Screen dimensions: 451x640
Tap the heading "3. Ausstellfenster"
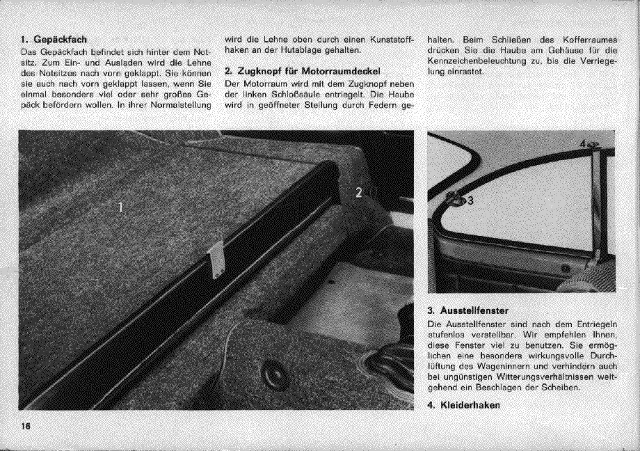pyautogui.click(x=470, y=310)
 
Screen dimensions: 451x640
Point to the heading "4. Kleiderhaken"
pyautogui.click(x=465, y=406)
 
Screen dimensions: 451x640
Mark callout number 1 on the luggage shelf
pyautogui.click(x=120, y=206)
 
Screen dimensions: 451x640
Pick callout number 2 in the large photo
pyautogui.click(x=359, y=193)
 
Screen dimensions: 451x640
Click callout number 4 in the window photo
pyautogui.click(x=583, y=144)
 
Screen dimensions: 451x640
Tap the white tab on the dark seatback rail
pyautogui.click(x=216, y=260)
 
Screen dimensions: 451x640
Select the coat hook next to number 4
pyautogui.click(x=595, y=145)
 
